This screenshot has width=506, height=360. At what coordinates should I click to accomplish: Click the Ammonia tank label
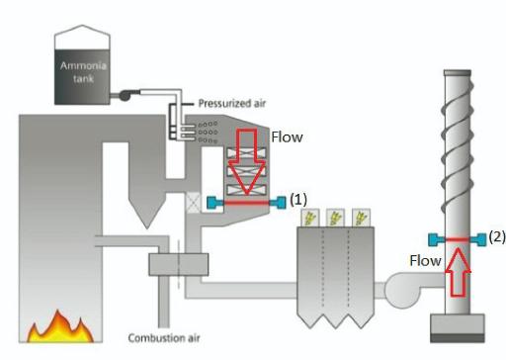(83, 72)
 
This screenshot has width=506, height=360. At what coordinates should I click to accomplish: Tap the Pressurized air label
(232, 104)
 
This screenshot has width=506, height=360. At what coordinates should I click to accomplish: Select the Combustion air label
(164, 338)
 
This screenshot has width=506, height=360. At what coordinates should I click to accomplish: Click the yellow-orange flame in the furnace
(60, 327)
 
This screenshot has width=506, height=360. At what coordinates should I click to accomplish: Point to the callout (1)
(298, 200)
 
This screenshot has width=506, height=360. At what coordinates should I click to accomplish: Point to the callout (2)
(497, 237)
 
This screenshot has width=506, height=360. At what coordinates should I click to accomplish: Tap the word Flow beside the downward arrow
(287, 137)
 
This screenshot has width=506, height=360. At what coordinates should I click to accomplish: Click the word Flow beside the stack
(425, 261)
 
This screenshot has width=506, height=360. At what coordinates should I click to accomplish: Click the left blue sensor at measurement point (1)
(215, 203)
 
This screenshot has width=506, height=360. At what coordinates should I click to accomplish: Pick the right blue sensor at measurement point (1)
(278, 203)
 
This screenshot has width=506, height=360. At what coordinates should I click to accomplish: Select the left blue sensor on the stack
(437, 239)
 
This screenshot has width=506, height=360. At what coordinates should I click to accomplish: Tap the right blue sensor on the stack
(477, 239)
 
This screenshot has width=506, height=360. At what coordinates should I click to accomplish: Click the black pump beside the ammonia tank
(126, 95)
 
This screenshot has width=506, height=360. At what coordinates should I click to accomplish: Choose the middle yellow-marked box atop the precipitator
(335, 218)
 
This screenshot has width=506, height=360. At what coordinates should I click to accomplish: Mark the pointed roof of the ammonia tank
(82, 37)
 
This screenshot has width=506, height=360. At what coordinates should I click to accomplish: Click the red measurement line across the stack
(458, 239)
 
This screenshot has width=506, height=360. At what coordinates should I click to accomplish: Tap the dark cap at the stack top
(458, 73)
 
